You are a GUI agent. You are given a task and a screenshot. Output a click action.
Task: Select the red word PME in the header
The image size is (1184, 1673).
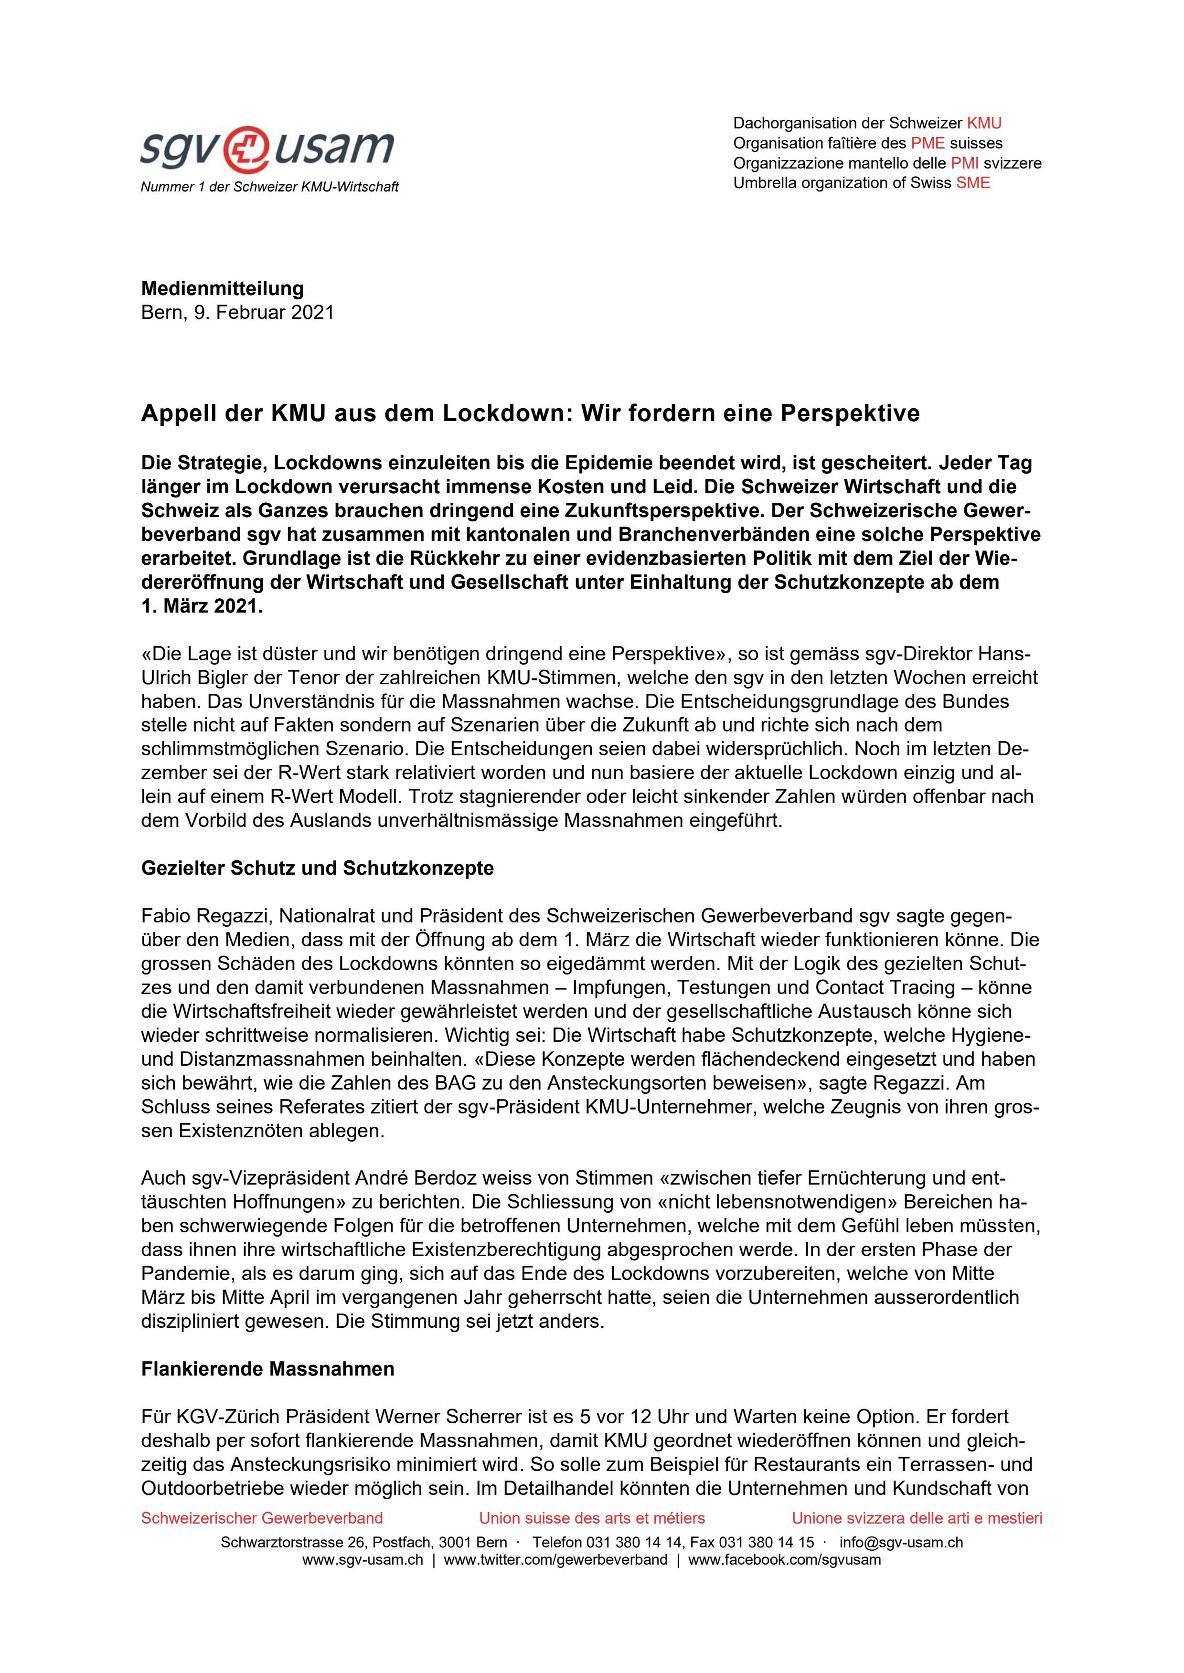point(928,143)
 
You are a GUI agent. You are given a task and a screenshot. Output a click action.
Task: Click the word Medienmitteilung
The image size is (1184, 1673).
point(223,288)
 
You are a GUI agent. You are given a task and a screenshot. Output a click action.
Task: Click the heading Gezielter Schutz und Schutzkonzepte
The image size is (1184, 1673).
point(317,868)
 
